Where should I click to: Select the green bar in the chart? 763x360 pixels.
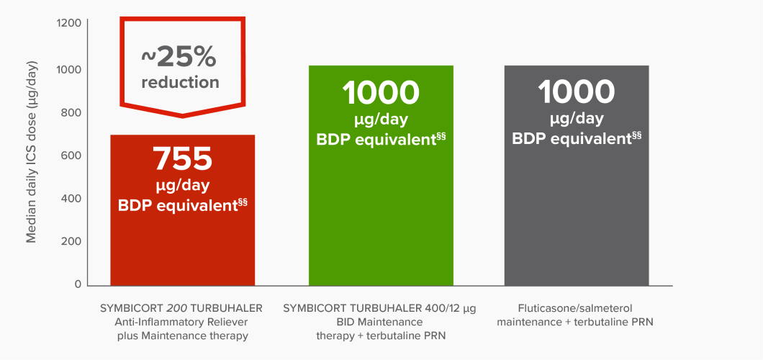click(381, 216)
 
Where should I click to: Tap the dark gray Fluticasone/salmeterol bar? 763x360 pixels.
click(576, 216)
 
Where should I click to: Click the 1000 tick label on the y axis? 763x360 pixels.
click(69, 69)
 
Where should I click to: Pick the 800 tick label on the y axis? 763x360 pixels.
click(72, 112)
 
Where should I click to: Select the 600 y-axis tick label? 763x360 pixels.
click(72, 156)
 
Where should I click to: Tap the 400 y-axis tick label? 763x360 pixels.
click(72, 198)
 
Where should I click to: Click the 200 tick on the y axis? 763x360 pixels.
click(72, 241)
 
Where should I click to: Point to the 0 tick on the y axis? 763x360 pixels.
click(78, 284)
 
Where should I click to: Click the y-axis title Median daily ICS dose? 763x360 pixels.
click(32, 151)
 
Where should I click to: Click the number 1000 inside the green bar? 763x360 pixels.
click(381, 93)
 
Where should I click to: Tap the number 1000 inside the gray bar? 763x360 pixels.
click(576, 93)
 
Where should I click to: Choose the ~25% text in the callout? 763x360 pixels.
click(180, 56)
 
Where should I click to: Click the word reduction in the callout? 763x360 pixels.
click(180, 83)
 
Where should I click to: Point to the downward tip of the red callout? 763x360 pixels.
click(182, 114)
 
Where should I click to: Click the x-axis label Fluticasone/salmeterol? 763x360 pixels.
click(575, 308)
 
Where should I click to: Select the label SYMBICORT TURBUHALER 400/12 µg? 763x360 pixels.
click(379, 308)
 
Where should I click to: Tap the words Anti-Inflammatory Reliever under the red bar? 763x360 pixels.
click(182, 322)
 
